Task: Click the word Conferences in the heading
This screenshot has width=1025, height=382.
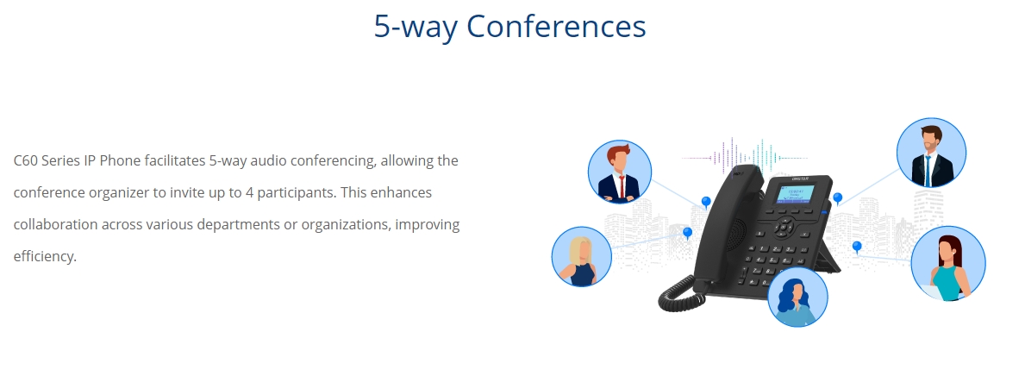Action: tap(556, 26)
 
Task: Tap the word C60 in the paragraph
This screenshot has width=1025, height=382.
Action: tap(26, 161)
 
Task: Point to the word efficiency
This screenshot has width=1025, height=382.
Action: tap(45, 256)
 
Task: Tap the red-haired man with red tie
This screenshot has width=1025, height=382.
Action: tap(620, 172)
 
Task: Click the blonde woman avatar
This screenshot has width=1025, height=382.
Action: tap(582, 256)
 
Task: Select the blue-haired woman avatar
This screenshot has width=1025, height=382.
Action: tap(797, 297)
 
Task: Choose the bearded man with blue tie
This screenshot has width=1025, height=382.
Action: tap(931, 153)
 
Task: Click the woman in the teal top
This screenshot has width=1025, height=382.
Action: tap(948, 264)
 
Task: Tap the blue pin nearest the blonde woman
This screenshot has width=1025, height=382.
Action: tap(687, 233)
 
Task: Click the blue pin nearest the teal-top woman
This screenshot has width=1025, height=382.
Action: tap(857, 247)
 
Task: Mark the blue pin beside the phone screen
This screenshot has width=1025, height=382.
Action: tap(837, 198)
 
